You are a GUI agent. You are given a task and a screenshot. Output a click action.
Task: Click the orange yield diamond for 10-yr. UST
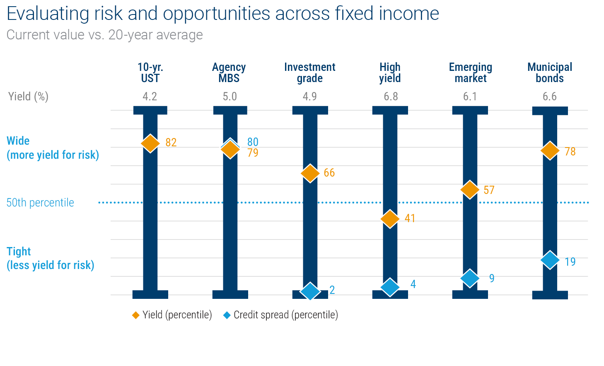click(x=150, y=143)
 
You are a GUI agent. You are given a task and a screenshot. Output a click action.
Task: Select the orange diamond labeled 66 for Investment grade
click(x=310, y=173)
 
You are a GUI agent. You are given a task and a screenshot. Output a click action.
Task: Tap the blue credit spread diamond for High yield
click(x=390, y=287)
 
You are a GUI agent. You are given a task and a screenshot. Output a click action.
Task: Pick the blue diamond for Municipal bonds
click(x=550, y=260)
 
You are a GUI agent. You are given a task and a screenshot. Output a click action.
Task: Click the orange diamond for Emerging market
click(x=470, y=190)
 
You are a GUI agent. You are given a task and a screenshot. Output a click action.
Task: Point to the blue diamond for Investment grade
click(x=310, y=291)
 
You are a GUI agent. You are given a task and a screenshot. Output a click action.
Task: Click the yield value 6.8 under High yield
click(x=390, y=97)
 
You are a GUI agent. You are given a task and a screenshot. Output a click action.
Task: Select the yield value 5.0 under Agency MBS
click(x=230, y=97)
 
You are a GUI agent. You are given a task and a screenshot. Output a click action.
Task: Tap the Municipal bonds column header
click(x=549, y=73)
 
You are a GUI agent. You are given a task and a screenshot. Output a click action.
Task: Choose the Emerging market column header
click(x=470, y=73)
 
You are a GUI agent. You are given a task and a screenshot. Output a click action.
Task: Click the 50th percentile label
click(x=40, y=203)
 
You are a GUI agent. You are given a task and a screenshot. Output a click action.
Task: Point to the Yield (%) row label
click(x=28, y=97)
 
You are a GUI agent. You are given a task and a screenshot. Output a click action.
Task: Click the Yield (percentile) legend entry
click(x=172, y=315)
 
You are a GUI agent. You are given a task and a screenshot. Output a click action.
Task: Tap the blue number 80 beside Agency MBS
click(x=253, y=142)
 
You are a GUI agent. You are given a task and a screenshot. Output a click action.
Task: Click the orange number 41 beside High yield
click(x=410, y=218)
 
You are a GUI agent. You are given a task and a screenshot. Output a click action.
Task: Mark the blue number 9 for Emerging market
click(x=492, y=278)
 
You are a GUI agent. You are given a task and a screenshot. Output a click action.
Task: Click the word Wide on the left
click(x=18, y=141)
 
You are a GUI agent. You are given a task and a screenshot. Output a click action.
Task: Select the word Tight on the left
click(x=19, y=252)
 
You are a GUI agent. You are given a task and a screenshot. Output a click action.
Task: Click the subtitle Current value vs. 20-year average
click(x=105, y=35)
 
